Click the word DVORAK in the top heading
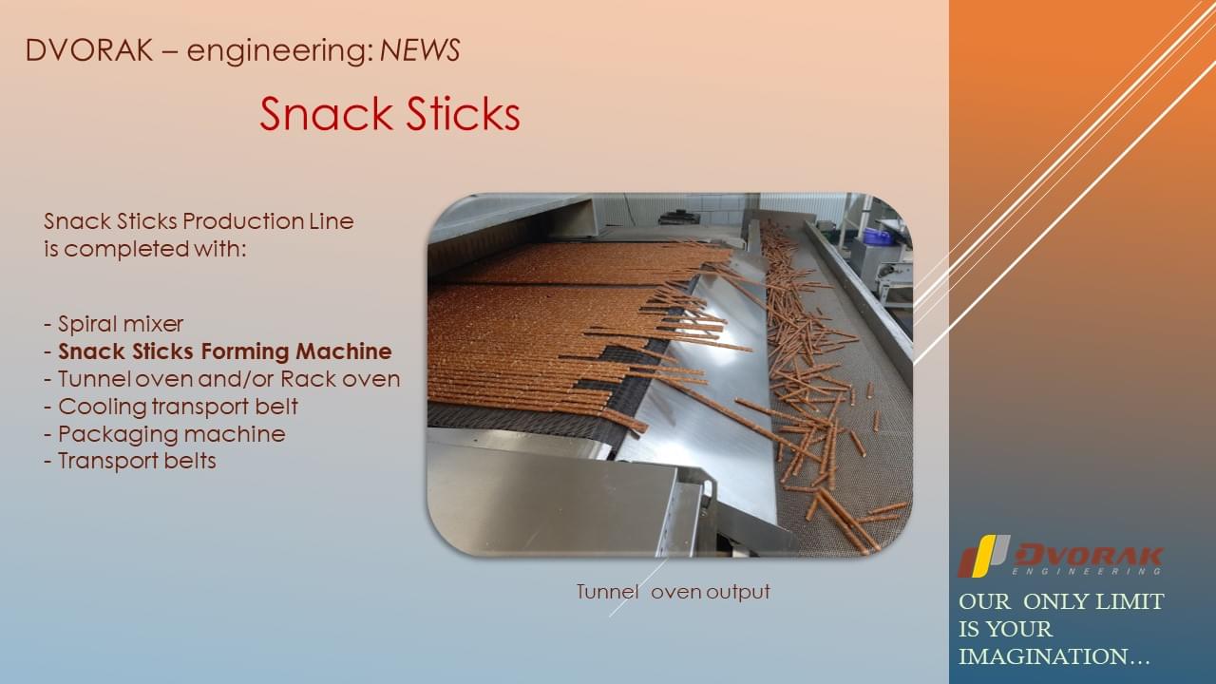89,50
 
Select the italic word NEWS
420,50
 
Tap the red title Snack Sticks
389,113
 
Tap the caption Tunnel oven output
674,592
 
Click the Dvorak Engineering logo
1059,556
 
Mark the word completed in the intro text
127,249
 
